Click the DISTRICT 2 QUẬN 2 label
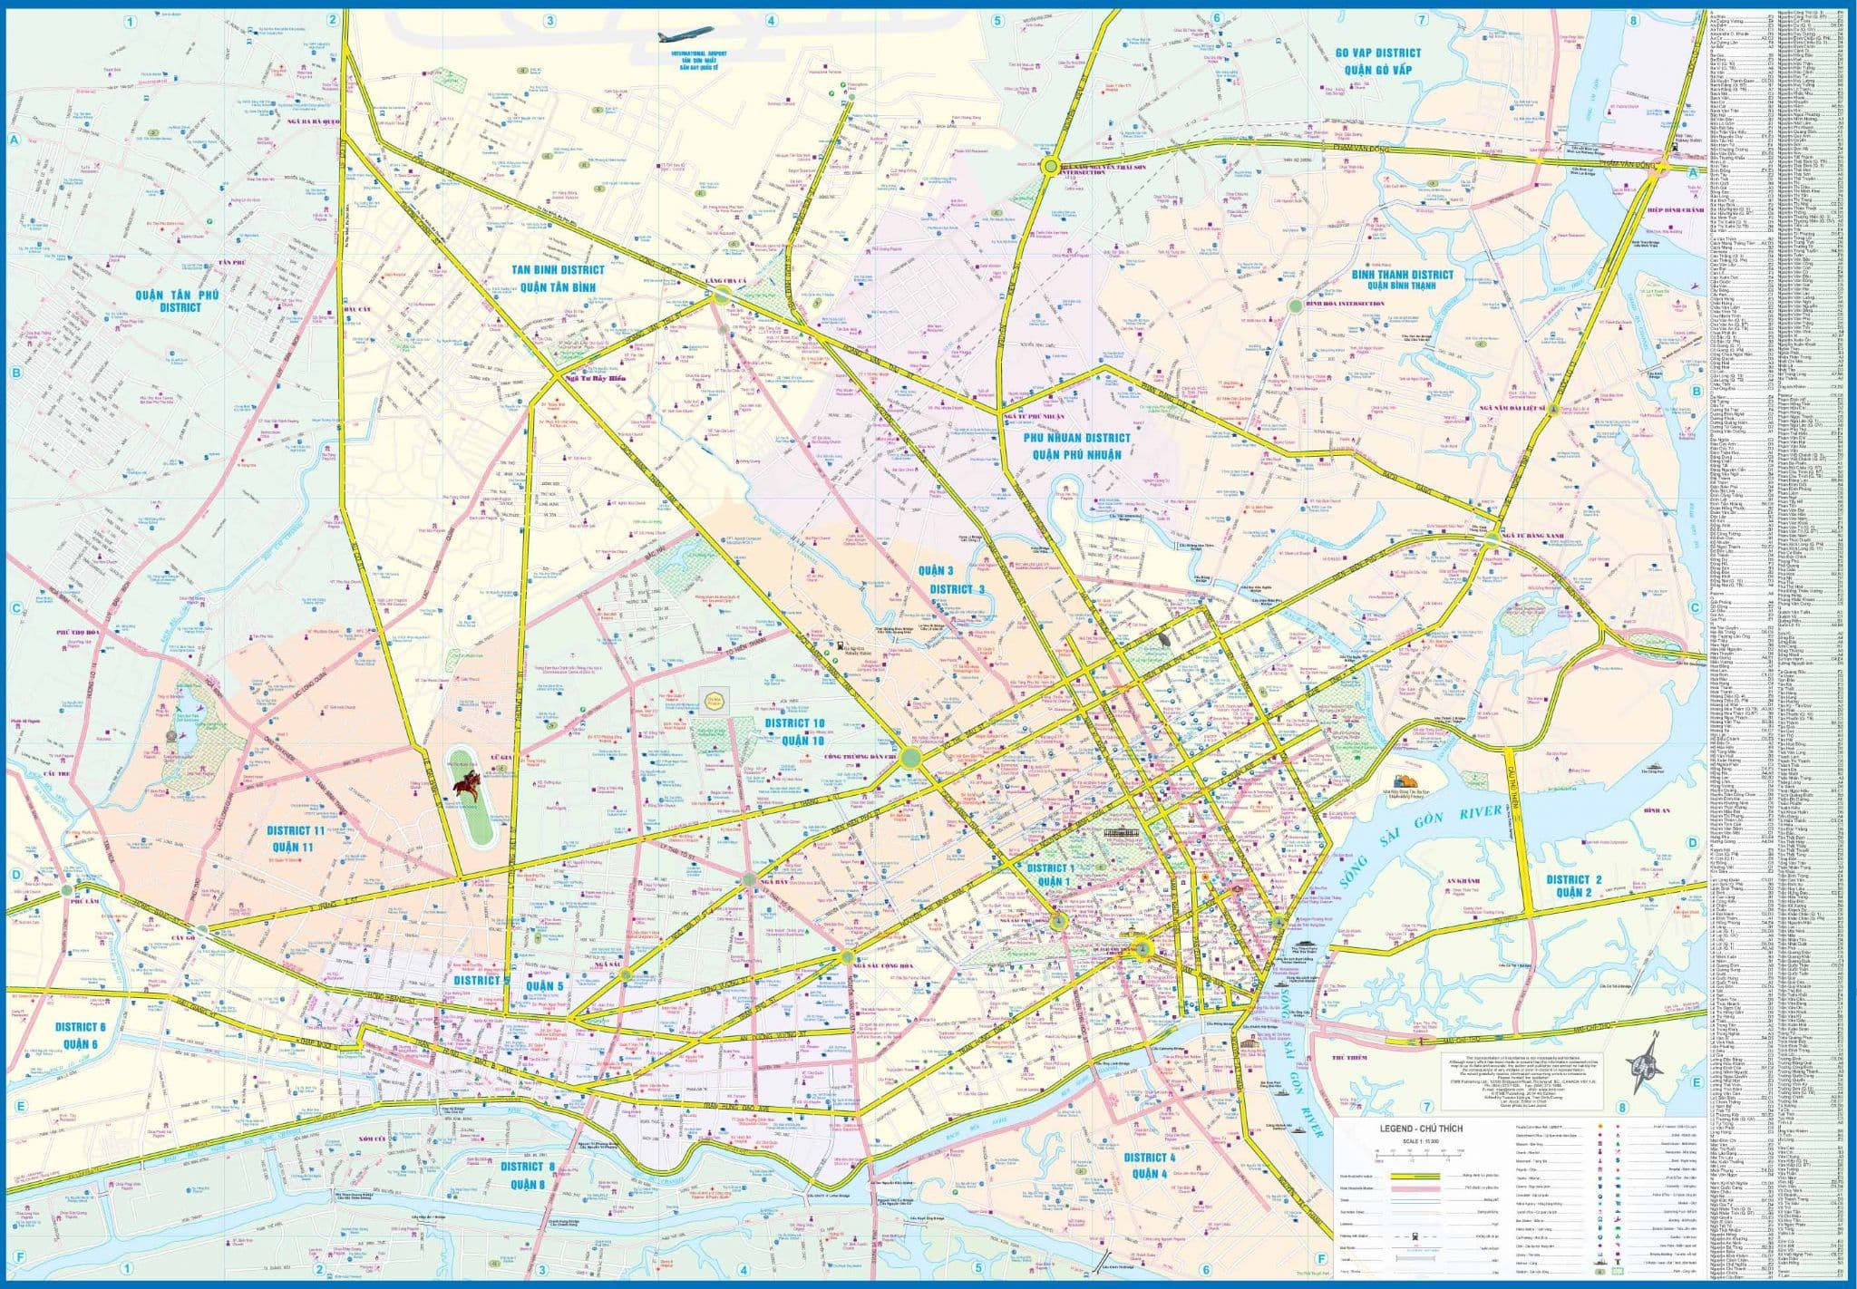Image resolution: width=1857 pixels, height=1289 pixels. pos(1574,886)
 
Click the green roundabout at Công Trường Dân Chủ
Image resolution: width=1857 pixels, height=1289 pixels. pos(911,760)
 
